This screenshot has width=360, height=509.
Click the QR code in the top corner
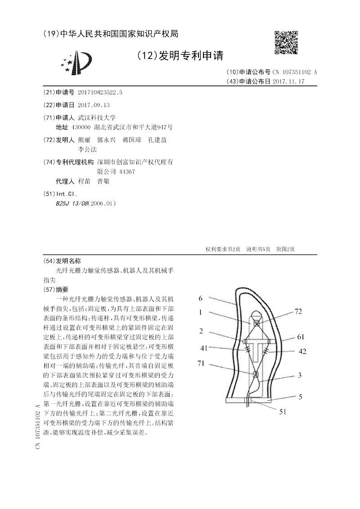click(286, 43)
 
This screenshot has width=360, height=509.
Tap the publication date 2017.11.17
click(289, 81)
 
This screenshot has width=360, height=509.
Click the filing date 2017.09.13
click(94, 105)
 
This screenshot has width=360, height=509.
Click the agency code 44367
click(126, 171)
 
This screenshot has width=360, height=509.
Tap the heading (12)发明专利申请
click(179, 55)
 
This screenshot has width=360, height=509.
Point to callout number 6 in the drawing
click(201, 298)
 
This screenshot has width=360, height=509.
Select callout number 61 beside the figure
click(301, 338)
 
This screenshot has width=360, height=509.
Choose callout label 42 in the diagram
click(302, 351)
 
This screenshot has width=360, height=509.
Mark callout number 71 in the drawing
click(201, 364)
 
